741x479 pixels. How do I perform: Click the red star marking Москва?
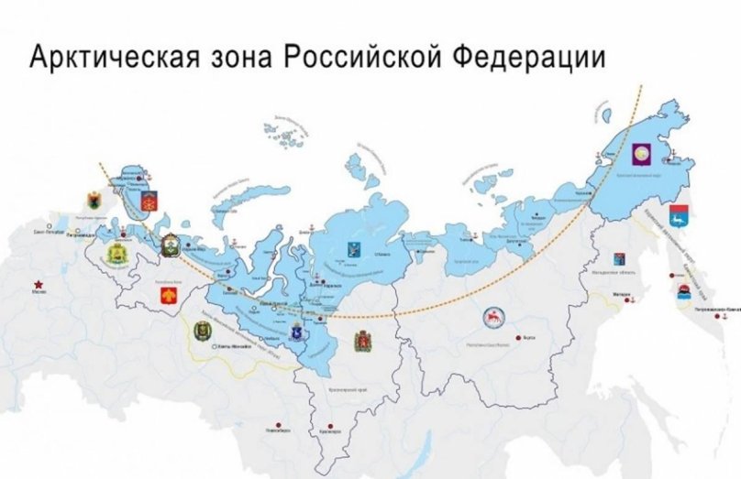(x=39, y=283)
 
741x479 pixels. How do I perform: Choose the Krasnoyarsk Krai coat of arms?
(x=363, y=341)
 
